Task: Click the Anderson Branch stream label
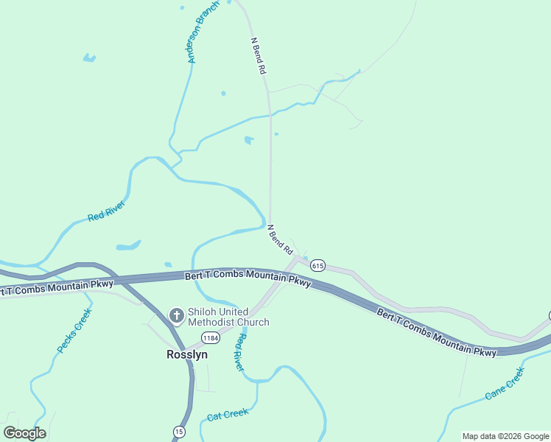[203, 37]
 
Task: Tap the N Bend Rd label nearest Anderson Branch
[258, 56]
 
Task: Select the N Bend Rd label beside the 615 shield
[281, 239]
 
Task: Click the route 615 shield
[317, 265]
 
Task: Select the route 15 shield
[179, 431]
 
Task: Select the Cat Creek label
[228, 415]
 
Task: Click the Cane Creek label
[505, 384]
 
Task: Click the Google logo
[24, 433]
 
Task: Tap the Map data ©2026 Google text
[505, 436]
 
